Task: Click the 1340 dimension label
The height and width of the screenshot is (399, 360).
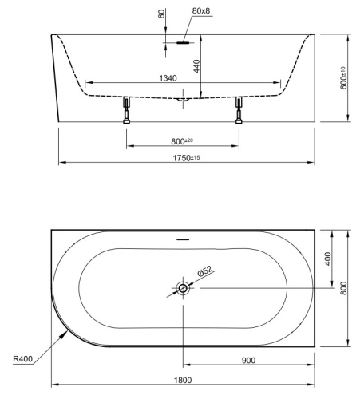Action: click(182, 77)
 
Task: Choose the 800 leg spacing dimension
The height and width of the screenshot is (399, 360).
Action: click(182, 140)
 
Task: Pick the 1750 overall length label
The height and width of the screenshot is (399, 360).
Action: click(188, 158)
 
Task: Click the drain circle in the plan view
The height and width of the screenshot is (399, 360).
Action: click(184, 288)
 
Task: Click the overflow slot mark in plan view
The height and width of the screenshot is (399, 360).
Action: click(183, 238)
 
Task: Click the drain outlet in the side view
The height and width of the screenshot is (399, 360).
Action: click(183, 100)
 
